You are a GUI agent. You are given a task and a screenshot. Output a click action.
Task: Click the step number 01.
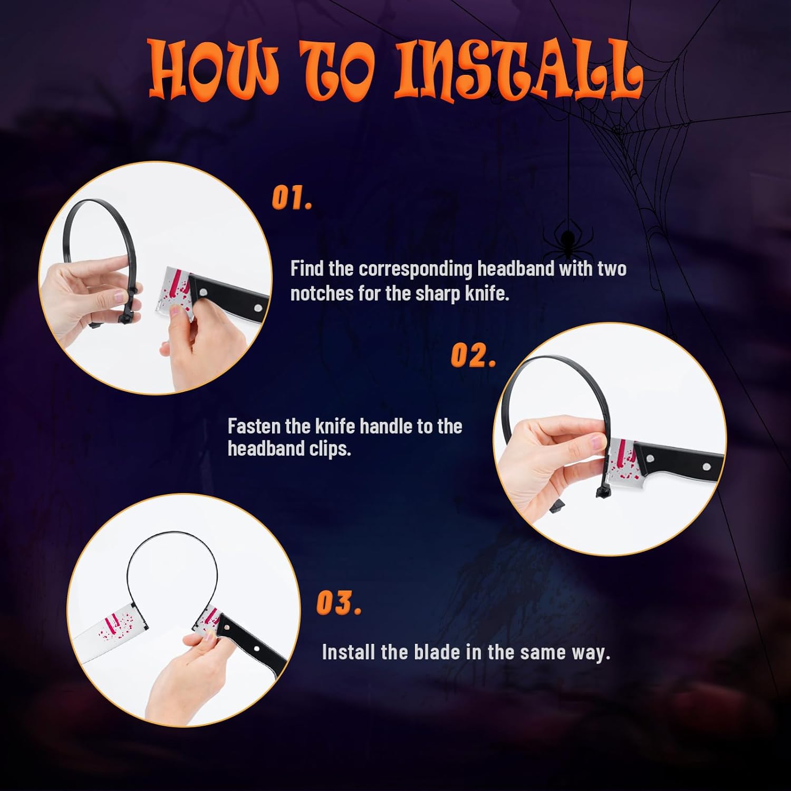point(292,198)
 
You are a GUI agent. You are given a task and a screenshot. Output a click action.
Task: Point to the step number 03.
point(339,603)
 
